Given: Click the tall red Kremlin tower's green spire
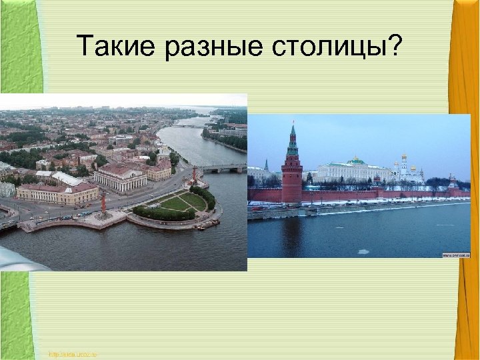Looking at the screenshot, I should [291, 140].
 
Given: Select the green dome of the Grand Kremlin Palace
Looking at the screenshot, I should [357, 161].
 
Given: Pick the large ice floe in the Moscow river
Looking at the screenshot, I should [363, 251].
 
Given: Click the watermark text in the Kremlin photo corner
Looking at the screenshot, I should [456, 255].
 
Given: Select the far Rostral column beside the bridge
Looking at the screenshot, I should [195, 175].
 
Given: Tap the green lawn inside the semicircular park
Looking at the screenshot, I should [176, 202].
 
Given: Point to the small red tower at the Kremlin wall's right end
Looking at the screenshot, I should [453, 182].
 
